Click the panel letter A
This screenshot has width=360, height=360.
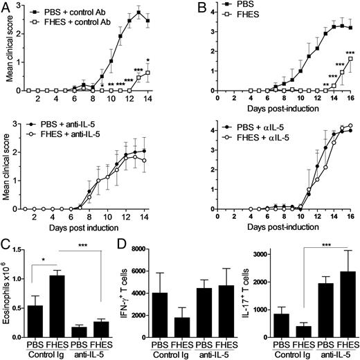coord(6,6)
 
